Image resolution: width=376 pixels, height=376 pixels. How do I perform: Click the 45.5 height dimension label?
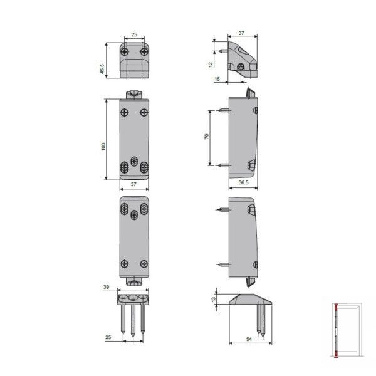(102, 69)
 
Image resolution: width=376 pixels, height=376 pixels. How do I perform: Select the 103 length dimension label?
(103, 147)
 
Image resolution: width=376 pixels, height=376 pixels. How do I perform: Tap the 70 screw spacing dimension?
(206, 137)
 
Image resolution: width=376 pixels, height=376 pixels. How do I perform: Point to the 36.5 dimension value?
(243, 182)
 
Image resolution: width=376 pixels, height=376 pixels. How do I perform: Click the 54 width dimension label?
(249, 339)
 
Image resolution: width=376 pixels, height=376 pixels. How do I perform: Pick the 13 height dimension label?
(214, 299)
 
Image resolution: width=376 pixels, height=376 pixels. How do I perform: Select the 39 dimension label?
(107, 287)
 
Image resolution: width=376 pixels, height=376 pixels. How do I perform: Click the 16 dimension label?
(217, 79)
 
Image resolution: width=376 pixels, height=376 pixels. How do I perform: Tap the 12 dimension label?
(211, 65)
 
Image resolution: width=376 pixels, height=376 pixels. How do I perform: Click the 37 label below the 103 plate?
(133, 184)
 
